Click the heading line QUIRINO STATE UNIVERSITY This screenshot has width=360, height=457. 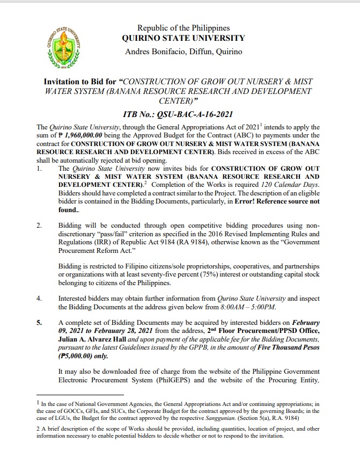point(183,39)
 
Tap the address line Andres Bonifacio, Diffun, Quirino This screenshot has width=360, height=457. point(183,52)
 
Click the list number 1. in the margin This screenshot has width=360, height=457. point(39,169)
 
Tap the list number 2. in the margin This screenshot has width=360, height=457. point(39,226)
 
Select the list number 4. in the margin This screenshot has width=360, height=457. point(39,298)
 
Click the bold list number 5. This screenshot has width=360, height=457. point(39,323)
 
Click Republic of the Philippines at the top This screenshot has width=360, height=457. point(183,27)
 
